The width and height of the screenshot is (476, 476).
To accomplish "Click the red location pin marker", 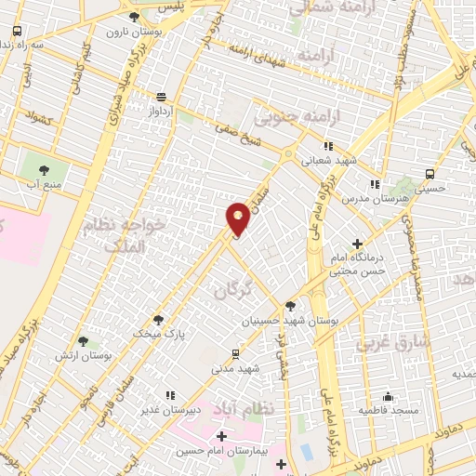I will coord(238,218).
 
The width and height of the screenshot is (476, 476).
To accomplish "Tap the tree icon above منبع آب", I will coord(44,169).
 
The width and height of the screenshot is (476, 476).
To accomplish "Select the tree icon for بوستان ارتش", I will coord(83,341).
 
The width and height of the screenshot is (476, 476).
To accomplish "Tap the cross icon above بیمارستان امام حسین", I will coord(221,435).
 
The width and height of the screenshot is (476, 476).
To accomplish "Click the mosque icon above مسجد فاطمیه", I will coord(389,395).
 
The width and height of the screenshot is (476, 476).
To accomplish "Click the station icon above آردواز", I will coord(163,96).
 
